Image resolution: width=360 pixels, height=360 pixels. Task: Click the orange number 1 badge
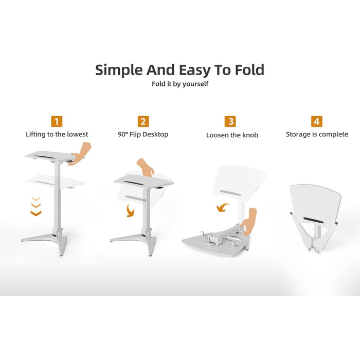tap(57, 121)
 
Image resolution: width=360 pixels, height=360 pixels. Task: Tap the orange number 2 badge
tap(143, 121)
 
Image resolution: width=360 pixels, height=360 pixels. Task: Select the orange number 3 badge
tap(230, 121)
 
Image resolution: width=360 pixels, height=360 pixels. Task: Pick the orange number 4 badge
tap(317, 121)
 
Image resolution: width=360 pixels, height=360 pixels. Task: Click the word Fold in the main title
tap(249, 70)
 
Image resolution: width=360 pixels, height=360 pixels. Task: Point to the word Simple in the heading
tap(119, 70)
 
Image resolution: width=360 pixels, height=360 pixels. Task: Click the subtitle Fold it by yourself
tap(180, 84)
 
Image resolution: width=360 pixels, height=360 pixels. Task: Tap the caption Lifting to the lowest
tap(57, 134)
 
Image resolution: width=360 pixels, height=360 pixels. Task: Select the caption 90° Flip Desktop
tap(143, 134)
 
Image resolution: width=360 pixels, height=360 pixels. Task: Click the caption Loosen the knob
tap(232, 135)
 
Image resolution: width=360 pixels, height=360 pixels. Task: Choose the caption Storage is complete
tap(317, 134)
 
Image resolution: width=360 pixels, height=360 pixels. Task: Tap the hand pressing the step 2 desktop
tap(145, 167)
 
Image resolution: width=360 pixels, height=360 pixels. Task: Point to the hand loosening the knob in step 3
tap(249, 222)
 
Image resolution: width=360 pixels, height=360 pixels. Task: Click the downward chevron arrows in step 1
tap(36, 206)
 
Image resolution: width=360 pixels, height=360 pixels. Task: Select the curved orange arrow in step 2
tap(130, 211)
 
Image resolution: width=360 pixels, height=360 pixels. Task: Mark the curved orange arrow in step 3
tap(223, 207)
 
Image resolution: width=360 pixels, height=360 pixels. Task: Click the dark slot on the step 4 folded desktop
tap(313, 220)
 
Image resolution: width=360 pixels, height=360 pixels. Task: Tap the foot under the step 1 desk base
tap(62, 252)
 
